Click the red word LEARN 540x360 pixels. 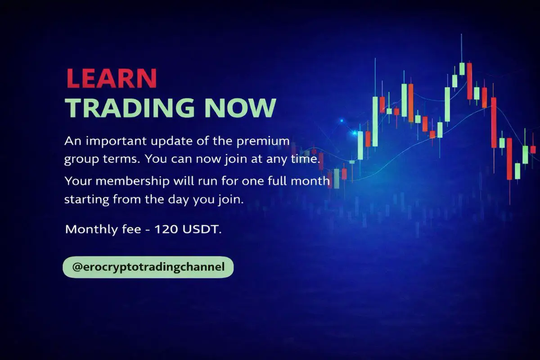coord(112,78)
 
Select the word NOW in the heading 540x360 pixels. coord(240,108)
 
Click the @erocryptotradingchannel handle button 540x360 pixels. coord(148,267)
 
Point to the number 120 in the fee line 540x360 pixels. coord(166,229)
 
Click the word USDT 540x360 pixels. coord(202,229)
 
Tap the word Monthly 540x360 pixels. coord(91,229)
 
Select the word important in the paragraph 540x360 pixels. coord(116,141)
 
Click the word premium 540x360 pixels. coord(263,141)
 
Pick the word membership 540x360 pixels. coord(132,181)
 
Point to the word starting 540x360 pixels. coord(86,200)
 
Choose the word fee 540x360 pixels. coord(131,229)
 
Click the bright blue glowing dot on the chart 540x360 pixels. coord(355,133)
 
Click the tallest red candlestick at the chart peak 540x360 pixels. coord(469,81)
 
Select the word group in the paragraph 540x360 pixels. coord(81,160)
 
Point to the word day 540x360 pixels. coord(178,200)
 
